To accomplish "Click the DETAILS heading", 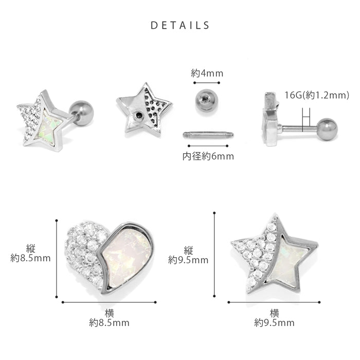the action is click(180, 25).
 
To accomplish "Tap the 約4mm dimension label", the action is click(207, 73).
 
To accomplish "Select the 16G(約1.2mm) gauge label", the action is click(317, 95).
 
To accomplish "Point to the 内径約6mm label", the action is click(208, 156).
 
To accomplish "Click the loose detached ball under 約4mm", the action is click(207, 101).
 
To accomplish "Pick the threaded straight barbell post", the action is click(208, 135).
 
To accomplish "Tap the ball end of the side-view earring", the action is click(327, 129).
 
